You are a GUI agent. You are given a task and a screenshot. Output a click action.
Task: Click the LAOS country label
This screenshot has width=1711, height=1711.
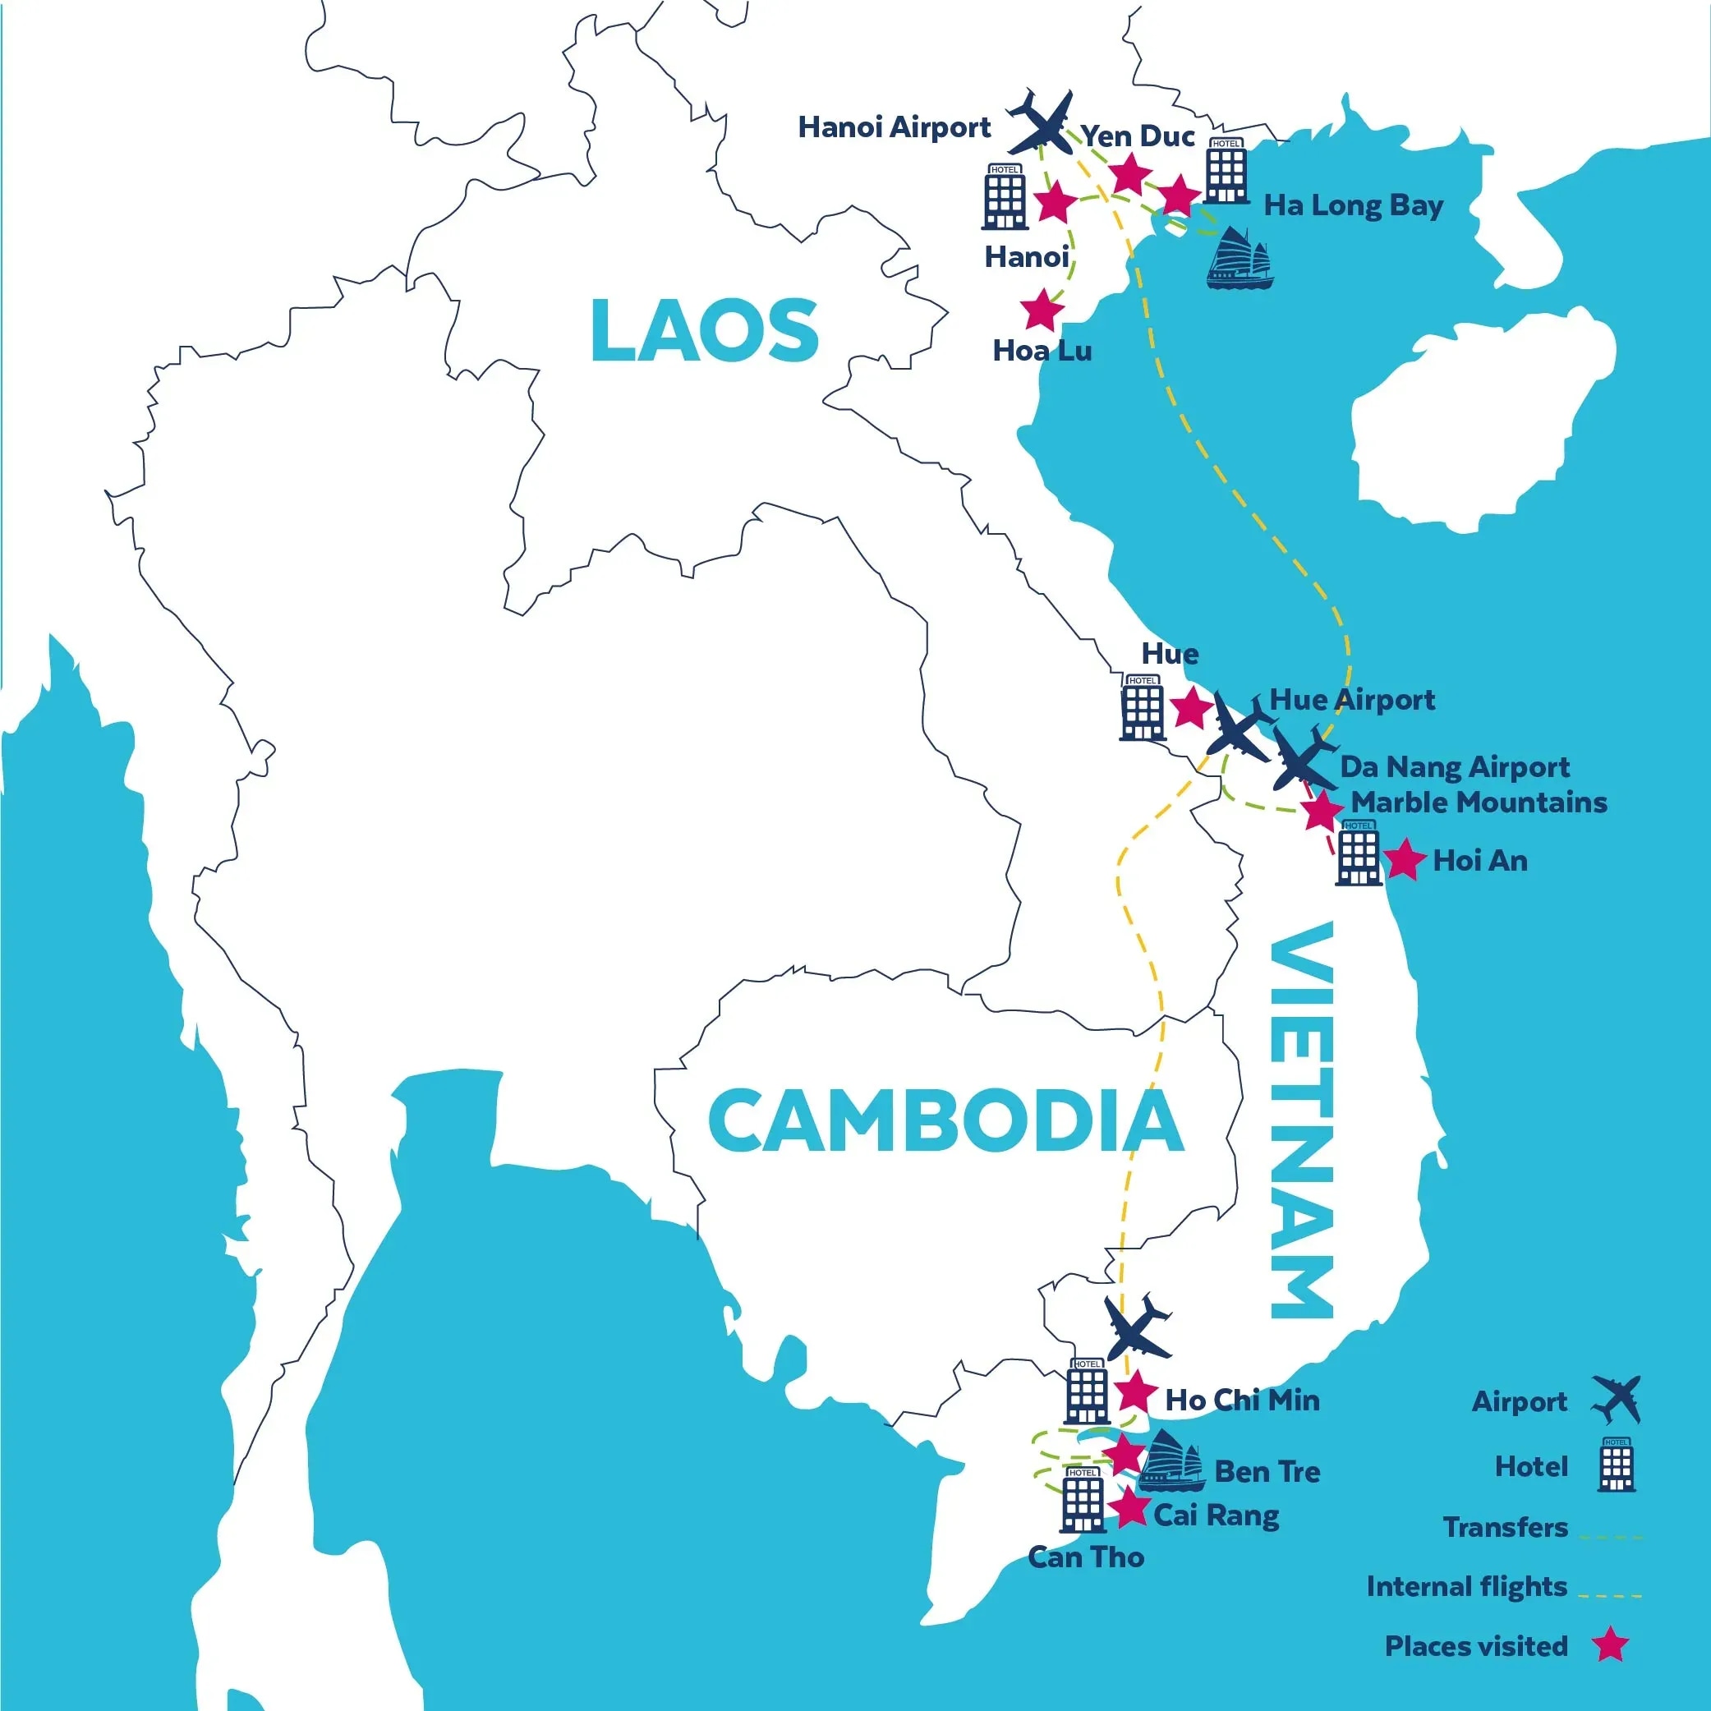(x=704, y=330)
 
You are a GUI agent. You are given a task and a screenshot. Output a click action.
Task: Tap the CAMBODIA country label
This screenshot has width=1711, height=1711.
(x=945, y=1120)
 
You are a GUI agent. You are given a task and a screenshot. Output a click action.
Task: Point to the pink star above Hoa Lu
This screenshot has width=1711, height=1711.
(x=1042, y=310)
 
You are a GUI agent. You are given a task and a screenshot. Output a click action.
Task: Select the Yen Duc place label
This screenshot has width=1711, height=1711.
(x=1138, y=136)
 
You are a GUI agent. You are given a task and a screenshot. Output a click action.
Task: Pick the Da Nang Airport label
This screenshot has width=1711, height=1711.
(x=1454, y=766)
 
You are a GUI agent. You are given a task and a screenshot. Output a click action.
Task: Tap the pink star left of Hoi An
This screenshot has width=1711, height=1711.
(x=1404, y=859)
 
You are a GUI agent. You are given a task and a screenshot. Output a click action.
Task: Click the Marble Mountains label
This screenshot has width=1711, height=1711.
(x=1478, y=803)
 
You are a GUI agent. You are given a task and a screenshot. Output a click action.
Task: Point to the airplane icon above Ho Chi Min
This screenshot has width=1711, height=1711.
(x=1138, y=1327)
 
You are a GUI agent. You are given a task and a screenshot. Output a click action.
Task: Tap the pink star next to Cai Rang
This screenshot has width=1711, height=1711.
(x=1129, y=1508)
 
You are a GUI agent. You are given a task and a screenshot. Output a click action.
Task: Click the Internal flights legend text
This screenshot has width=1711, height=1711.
(x=1466, y=1586)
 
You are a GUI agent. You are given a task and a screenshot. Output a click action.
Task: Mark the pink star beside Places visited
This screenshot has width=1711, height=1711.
(x=1610, y=1645)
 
